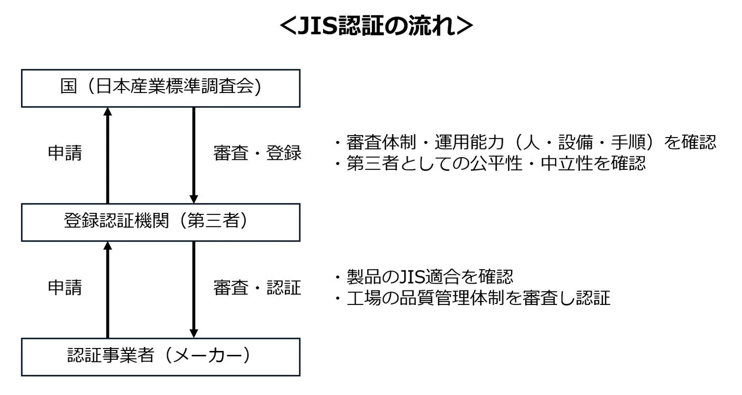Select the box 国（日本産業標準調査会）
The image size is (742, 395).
pos(160,88)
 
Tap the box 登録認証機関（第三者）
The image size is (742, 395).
pos(160,222)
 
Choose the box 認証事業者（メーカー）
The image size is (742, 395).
pos(160,356)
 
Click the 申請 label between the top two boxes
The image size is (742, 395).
pos(65,153)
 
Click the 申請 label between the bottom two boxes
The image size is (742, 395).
pos(65,288)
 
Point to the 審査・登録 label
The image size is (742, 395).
pos(257,153)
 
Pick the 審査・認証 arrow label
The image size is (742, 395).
pos(257,288)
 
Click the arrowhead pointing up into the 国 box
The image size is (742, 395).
pos(108,112)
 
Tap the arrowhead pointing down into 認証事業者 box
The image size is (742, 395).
pos(194,333)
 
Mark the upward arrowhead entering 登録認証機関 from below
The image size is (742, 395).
pos(108,246)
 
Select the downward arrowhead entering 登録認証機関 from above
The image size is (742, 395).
pos(194,198)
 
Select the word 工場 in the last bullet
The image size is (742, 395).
pos(359,298)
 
